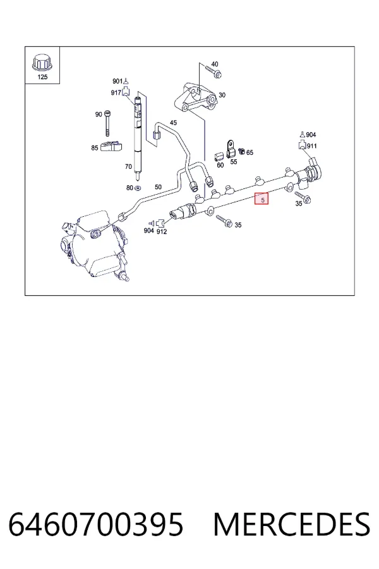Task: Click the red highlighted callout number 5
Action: pyautogui.click(x=262, y=199)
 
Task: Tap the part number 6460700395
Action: pyautogui.click(x=96, y=524)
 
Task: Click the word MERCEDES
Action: pyautogui.click(x=292, y=524)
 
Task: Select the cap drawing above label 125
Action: pyautogui.click(x=42, y=63)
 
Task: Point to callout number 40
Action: pyautogui.click(x=215, y=64)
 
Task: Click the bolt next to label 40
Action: pyautogui.click(x=214, y=71)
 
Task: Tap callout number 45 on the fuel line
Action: pyautogui.click(x=173, y=123)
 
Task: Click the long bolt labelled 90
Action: pyautogui.click(x=107, y=123)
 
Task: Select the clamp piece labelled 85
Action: pyautogui.click(x=111, y=146)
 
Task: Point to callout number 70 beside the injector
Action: pyautogui.click(x=128, y=166)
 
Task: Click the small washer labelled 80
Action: pyautogui.click(x=138, y=188)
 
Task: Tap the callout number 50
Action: pyautogui.click(x=158, y=187)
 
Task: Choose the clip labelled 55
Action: pyautogui.click(x=231, y=149)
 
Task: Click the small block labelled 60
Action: pyautogui.click(x=219, y=156)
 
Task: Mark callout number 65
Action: pyautogui.click(x=250, y=153)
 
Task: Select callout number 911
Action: pyautogui.click(x=312, y=146)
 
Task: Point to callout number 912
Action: pyautogui.click(x=162, y=231)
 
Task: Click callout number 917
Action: pyautogui.click(x=116, y=93)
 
